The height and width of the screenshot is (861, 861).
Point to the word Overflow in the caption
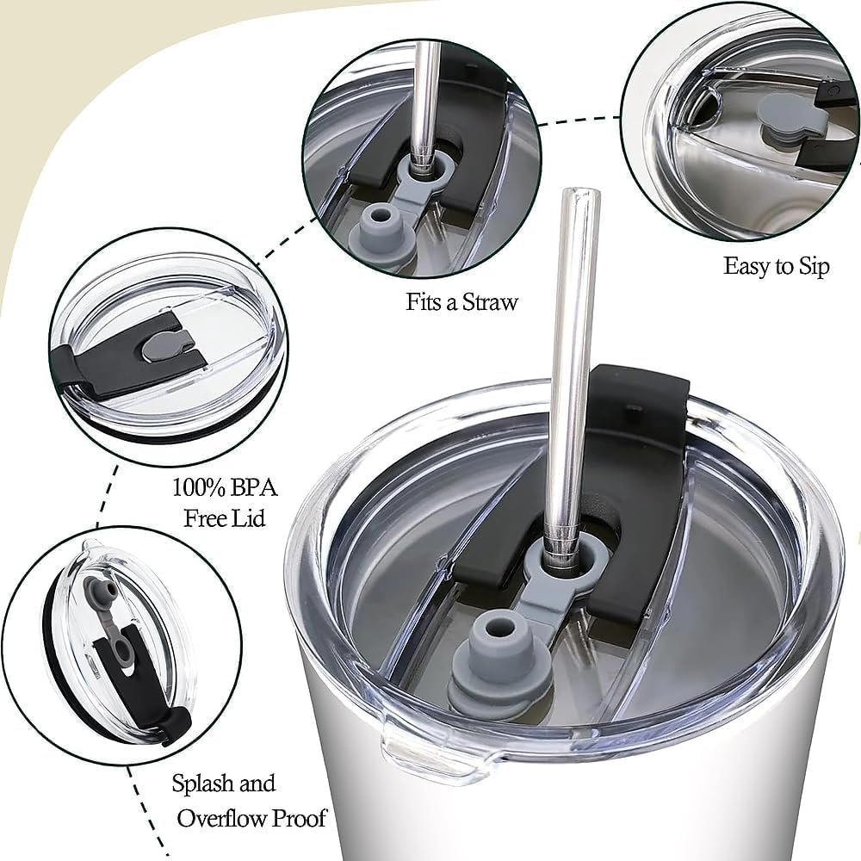222,819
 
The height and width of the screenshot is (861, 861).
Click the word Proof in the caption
300,819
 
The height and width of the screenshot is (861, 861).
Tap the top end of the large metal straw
580,193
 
